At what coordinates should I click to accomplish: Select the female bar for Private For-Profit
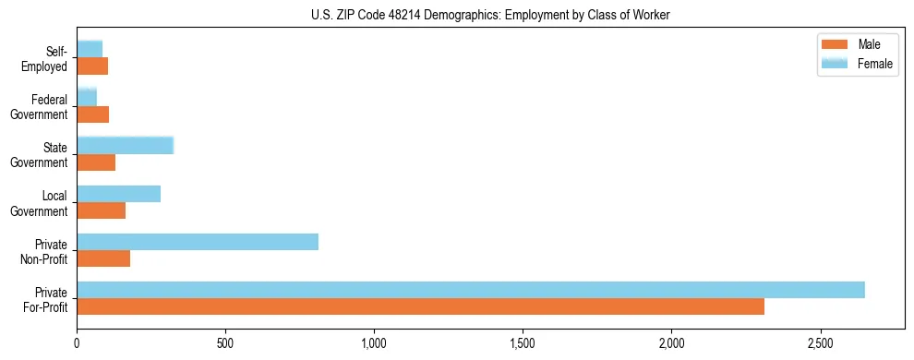[471, 290]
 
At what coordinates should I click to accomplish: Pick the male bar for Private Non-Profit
[103, 258]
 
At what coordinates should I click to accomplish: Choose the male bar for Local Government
[102, 210]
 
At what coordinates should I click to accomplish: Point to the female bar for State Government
[126, 146]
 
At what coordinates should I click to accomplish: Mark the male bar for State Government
[96, 162]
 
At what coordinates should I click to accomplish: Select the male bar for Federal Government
[93, 114]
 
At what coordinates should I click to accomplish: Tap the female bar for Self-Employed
[90, 49]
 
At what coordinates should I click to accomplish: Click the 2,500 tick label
[821, 343]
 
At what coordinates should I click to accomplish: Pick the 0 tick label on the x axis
[78, 343]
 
